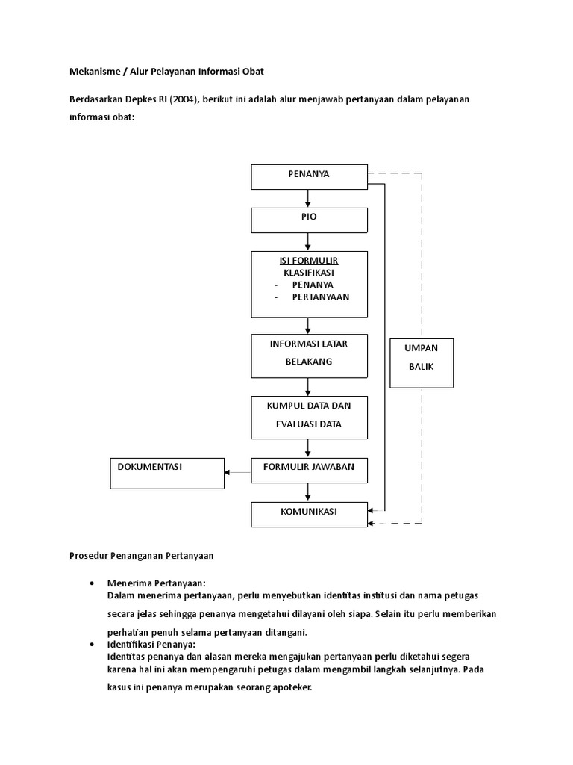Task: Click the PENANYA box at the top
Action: click(x=309, y=176)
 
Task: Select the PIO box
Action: click(x=309, y=220)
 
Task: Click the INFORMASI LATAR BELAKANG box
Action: click(x=309, y=356)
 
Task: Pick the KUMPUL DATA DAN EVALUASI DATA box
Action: click(x=309, y=417)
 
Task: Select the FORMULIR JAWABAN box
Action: click(x=309, y=470)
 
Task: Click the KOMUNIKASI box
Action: click(x=309, y=514)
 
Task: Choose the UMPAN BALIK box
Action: click(x=421, y=362)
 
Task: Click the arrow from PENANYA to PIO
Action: click(x=308, y=199)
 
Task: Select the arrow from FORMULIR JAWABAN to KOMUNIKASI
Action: click(x=308, y=492)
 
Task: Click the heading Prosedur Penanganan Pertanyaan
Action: click(x=142, y=555)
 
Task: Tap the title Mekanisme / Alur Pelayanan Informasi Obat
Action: click(x=166, y=72)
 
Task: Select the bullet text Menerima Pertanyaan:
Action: click(x=156, y=583)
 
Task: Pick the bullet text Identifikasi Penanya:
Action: click(x=151, y=643)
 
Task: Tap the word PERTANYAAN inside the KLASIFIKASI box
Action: click(x=320, y=297)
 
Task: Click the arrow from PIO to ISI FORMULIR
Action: click(x=308, y=241)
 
